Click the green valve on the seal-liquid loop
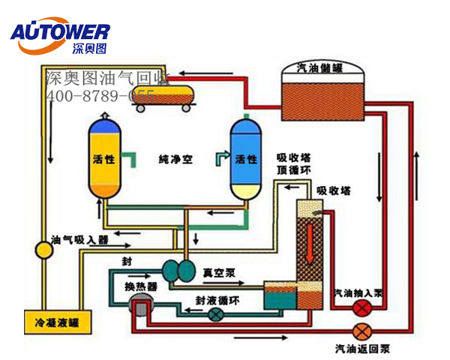click(x=216, y=316)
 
